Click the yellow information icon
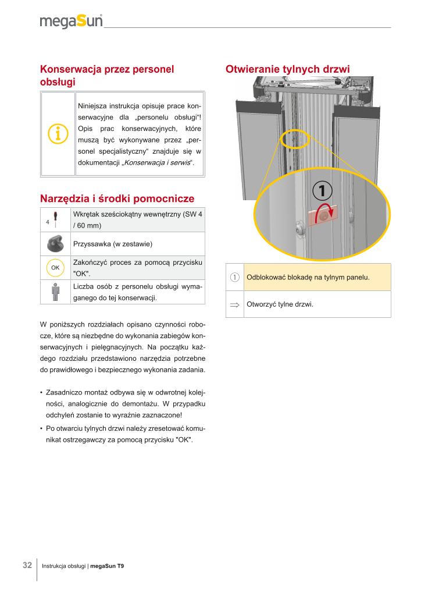58,134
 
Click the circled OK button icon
55,267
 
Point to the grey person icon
55,292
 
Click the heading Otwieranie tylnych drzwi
287,69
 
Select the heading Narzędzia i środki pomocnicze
117,198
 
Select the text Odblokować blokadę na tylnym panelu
308,277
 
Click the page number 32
27,565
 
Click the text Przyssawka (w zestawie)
113,243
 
